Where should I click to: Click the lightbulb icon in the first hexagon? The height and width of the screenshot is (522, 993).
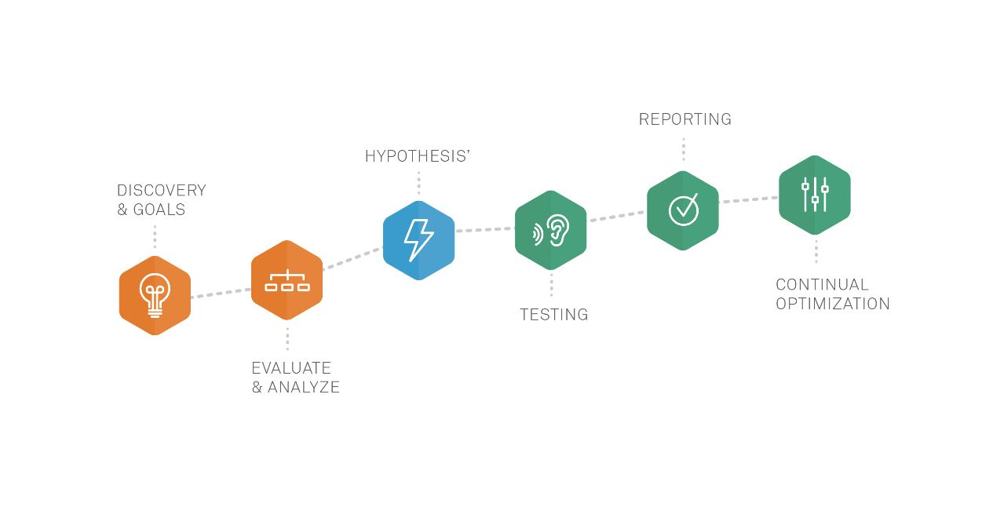[x=155, y=295]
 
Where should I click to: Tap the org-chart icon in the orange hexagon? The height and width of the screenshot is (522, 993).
[x=287, y=281]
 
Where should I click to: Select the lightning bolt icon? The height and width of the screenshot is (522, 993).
[x=418, y=240]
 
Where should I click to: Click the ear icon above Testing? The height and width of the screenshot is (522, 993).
[x=552, y=230]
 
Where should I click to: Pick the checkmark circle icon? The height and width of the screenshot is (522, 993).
[x=683, y=210]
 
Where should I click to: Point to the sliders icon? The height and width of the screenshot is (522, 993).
[x=815, y=195]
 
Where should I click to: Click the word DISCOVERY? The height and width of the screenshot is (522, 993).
[x=161, y=191]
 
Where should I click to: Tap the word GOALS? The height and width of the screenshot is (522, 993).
[x=159, y=210]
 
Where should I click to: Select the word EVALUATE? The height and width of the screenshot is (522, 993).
[x=291, y=368]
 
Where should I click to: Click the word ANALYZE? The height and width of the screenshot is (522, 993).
[x=304, y=388]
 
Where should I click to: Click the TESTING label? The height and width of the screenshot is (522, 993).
[x=553, y=315]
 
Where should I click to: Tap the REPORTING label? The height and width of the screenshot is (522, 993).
[x=685, y=119]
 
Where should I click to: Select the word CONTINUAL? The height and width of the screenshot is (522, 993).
[x=822, y=285]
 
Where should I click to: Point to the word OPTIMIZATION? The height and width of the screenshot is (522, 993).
[x=833, y=305]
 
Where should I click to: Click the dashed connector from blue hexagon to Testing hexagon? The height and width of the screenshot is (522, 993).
[x=484, y=230]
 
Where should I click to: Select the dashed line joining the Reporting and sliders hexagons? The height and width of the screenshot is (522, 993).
[x=748, y=200]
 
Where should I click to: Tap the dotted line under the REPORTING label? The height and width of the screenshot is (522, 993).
[x=683, y=149]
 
